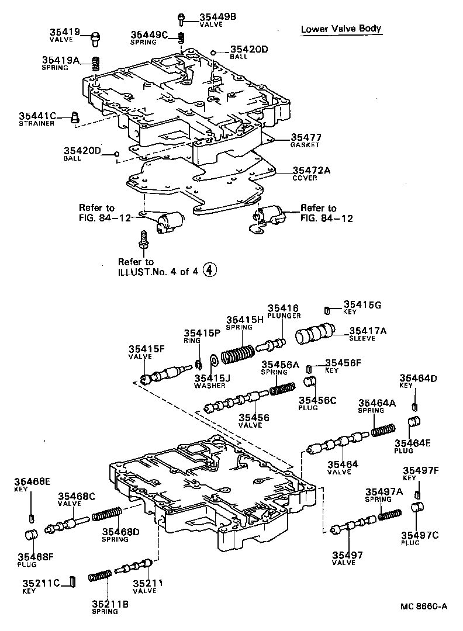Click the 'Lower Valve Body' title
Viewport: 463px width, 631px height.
click(341, 29)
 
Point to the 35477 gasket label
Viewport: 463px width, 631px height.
click(306, 137)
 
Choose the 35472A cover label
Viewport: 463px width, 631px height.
click(311, 170)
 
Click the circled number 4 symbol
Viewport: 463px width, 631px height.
click(210, 269)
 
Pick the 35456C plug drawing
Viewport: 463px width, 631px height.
click(310, 383)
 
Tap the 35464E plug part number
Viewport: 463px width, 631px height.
click(412, 443)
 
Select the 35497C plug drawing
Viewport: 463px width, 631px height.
click(420, 507)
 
